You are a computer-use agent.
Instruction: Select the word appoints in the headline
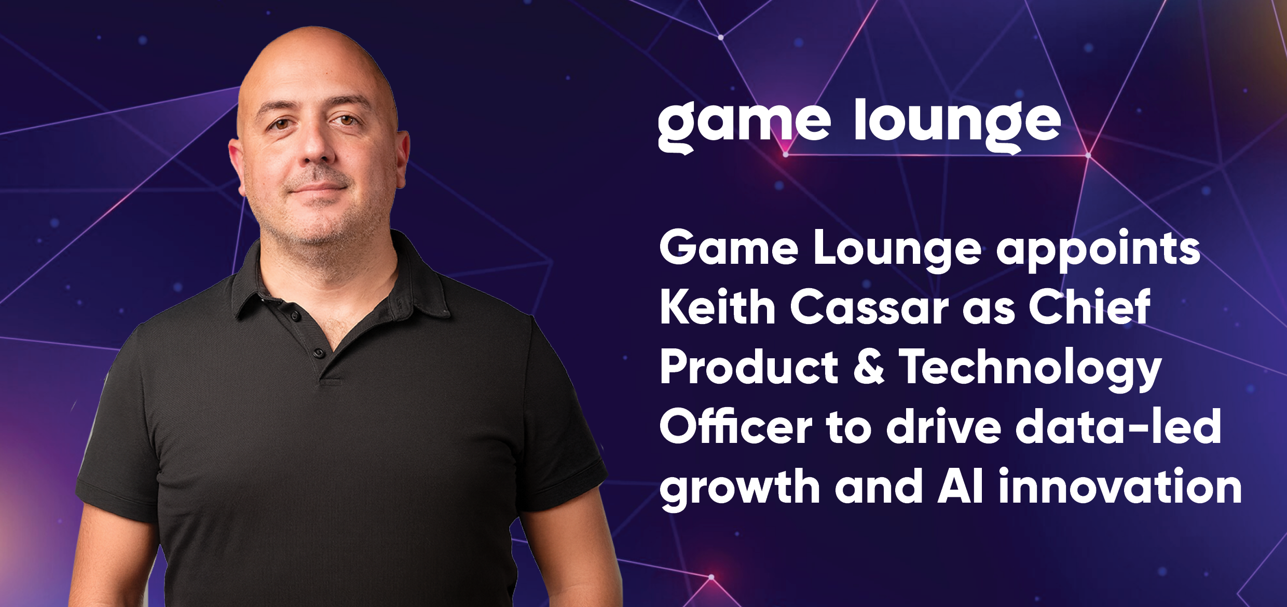[1098, 251]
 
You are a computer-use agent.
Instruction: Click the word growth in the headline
[740, 489]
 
